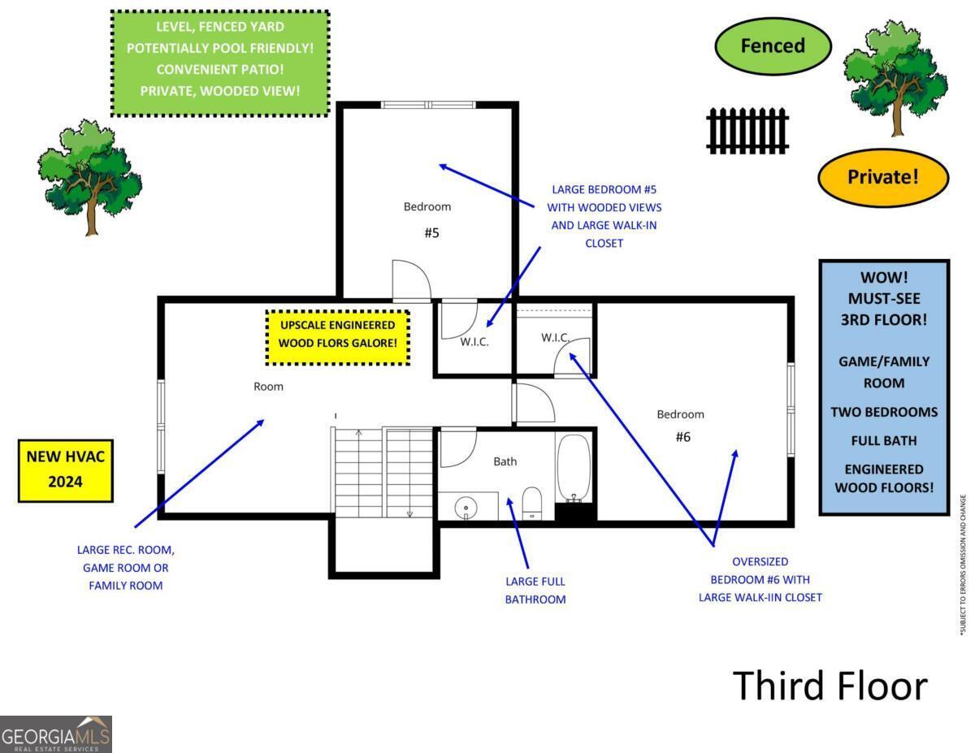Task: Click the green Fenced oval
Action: [x=773, y=46]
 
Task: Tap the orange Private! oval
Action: [x=882, y=176]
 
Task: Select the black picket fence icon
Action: [x=747, y=130]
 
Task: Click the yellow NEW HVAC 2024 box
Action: [x=65, y=470]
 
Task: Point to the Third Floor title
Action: [x=830, y=686]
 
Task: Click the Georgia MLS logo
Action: [x=56, y=734]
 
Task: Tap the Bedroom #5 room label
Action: [x=428, y=219]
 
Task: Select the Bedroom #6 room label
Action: [x=681, y=425]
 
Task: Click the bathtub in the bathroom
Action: [x=574, y=470]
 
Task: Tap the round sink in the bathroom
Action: [x=466, y=507]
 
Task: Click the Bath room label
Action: [x=505, y=461]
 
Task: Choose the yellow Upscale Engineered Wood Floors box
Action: [x=338, y=335]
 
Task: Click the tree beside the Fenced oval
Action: [x=895, y=76]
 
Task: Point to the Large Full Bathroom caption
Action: [x=535, y=591]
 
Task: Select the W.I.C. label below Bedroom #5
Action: [x=474, y=342]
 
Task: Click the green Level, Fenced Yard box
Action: [x=219, y=63]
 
